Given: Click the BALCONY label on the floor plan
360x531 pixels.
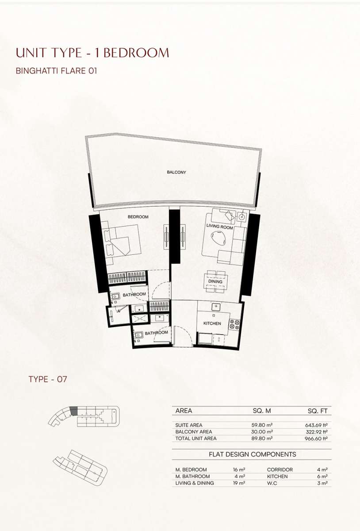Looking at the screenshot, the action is tap(176, 172).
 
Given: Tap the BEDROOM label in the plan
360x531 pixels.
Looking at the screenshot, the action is tap(138, 217).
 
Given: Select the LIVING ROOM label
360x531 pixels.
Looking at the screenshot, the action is tap(220, 227).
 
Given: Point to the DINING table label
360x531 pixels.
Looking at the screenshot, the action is tap(215, 281).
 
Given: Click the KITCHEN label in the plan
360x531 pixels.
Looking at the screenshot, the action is tap(212, 323).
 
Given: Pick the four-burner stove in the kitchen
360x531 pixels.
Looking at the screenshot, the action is tap(234, 324).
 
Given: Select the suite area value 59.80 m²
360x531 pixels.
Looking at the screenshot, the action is tap(262, 425).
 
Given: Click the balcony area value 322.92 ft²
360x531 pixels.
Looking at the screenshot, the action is tap(317, 432).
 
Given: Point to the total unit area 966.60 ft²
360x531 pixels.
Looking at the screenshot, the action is tap(316, 439).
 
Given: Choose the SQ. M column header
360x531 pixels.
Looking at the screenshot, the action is tap(262, 411).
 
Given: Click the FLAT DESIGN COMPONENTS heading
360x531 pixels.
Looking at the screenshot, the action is tap(253, 454).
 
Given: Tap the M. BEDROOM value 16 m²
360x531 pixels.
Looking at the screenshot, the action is tap(239, 469).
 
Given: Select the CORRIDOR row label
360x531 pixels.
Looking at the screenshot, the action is tap(280, 469).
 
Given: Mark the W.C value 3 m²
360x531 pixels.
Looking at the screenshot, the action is tap(322, 483).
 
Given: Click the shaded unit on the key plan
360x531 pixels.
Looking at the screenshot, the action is tap(74, 411).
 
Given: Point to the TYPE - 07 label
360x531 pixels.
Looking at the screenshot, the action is tap(48, 379).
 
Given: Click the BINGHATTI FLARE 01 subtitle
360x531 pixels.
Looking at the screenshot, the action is tap(57, 71).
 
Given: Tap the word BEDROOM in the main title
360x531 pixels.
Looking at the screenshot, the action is tap(136, 53).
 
